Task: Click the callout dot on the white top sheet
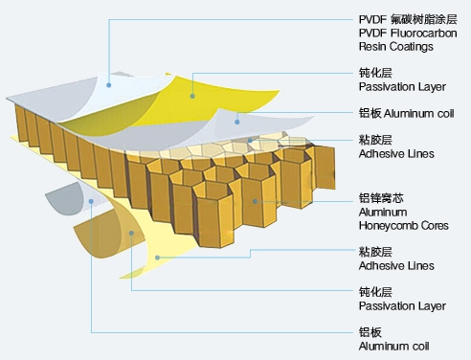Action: pos(110,83)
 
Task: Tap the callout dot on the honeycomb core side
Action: pos(255,200)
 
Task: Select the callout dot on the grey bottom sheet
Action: pos(90,201)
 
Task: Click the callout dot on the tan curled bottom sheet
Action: pos(129,234)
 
